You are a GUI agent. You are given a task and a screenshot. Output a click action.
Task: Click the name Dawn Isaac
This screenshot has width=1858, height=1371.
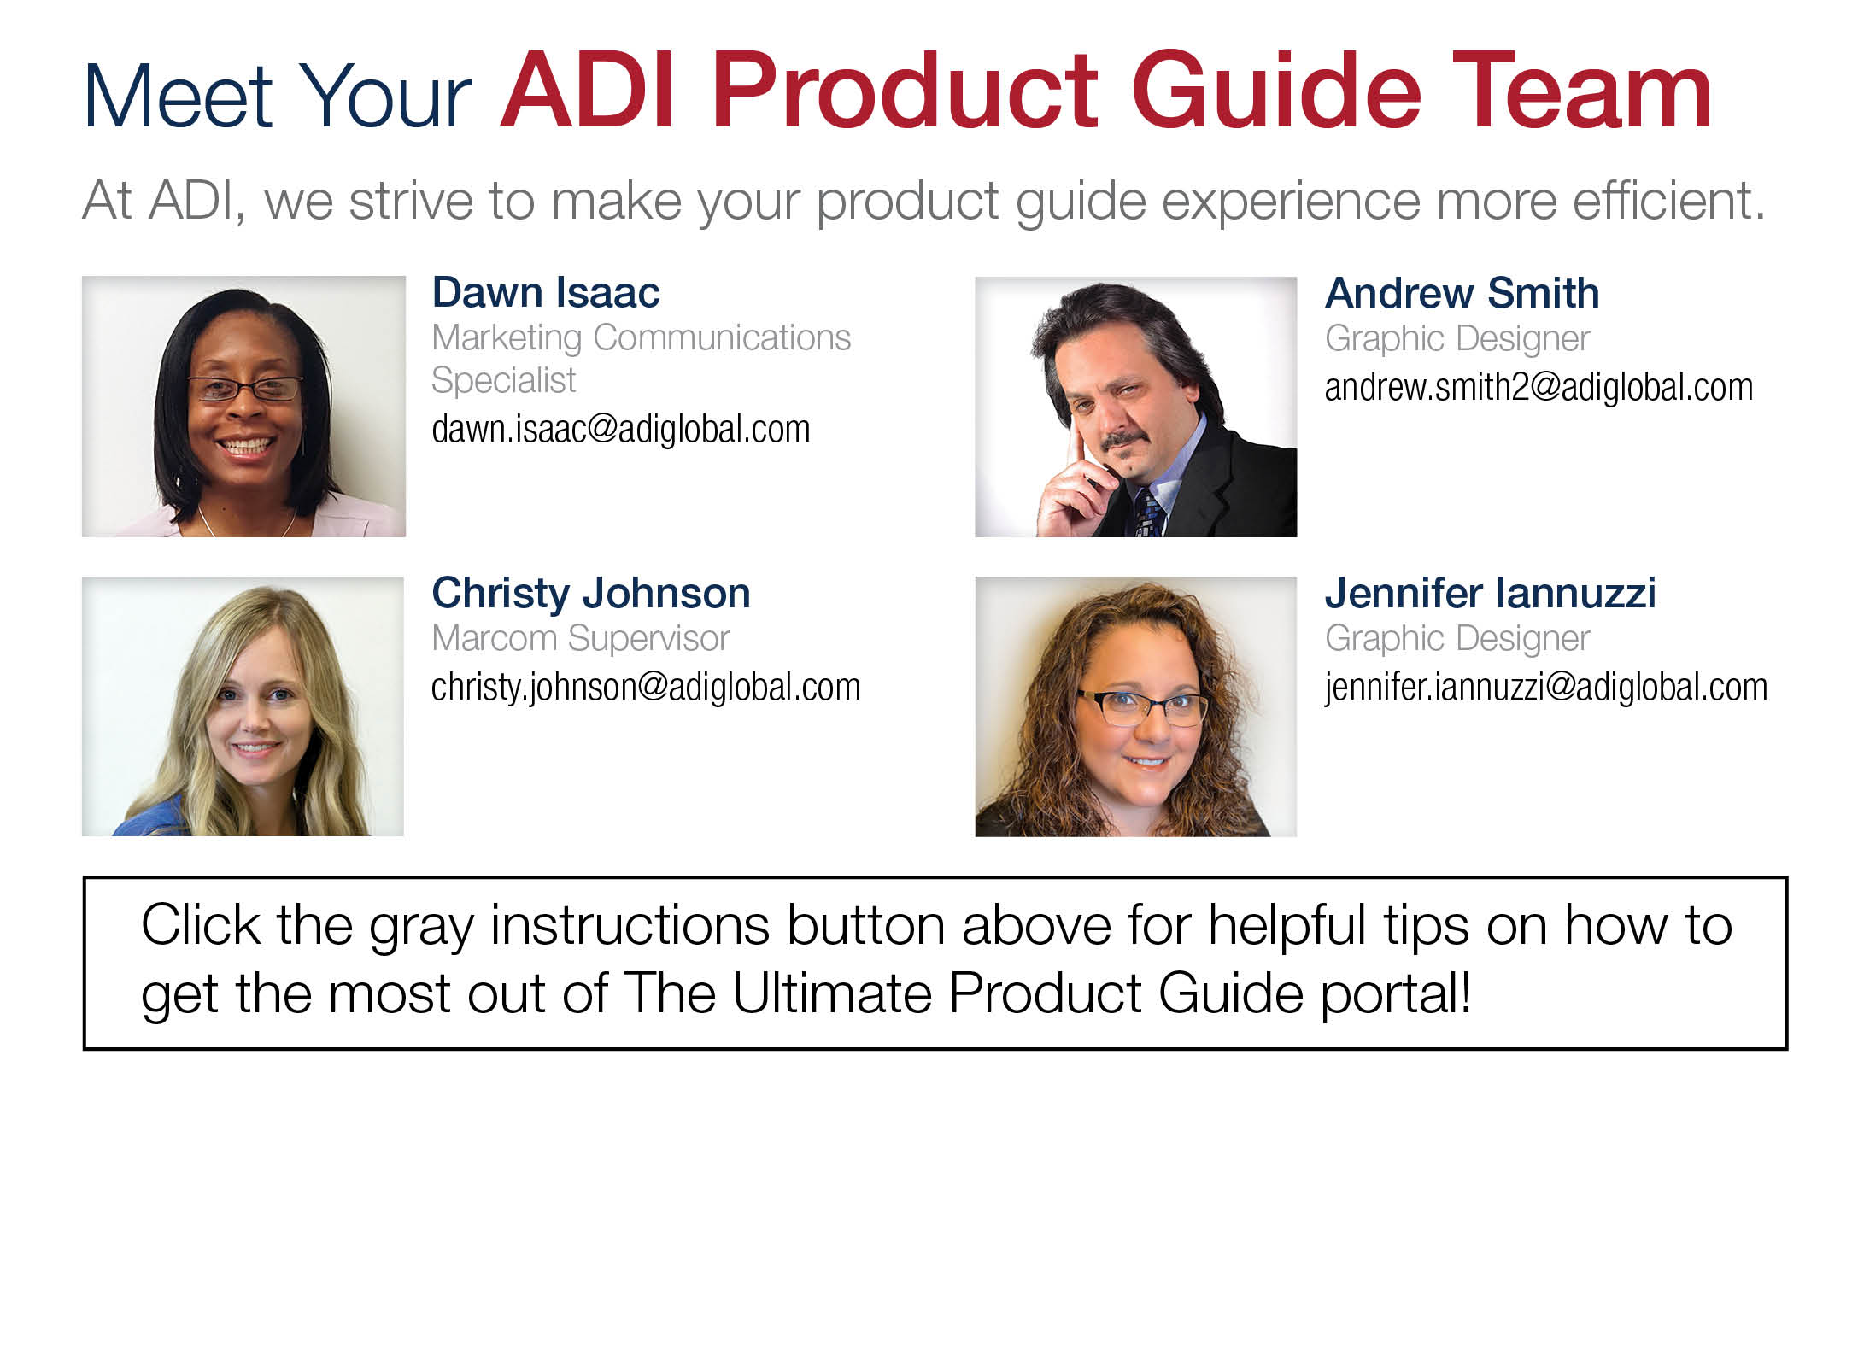click(x=545, y=293)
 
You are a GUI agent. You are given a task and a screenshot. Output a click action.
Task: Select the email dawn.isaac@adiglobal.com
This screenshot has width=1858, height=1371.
click(x=621, y=429)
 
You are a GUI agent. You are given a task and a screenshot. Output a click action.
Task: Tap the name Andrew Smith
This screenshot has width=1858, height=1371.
click(x=1462, y=293)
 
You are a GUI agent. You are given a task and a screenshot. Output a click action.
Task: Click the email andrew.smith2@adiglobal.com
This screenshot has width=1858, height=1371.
click(x=1539, y=388)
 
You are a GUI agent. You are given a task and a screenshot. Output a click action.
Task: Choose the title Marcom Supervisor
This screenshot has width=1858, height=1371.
click(x=581, y=639)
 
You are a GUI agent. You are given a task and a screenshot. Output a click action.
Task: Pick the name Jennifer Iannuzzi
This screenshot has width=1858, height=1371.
click(x=1490, y=593)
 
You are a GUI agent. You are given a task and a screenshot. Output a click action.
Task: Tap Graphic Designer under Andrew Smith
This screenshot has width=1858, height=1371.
click(x=1457, y=339)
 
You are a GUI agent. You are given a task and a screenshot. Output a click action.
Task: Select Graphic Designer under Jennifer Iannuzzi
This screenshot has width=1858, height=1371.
click(x=1457, y=639)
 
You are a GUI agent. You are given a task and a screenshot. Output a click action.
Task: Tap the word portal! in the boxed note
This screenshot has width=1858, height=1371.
click(x=1396, y=995)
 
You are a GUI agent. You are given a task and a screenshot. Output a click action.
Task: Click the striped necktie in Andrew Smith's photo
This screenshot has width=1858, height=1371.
click(x=1149, y=513)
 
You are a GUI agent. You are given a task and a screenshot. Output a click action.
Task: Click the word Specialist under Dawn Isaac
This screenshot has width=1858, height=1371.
click(x=503, y=381)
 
